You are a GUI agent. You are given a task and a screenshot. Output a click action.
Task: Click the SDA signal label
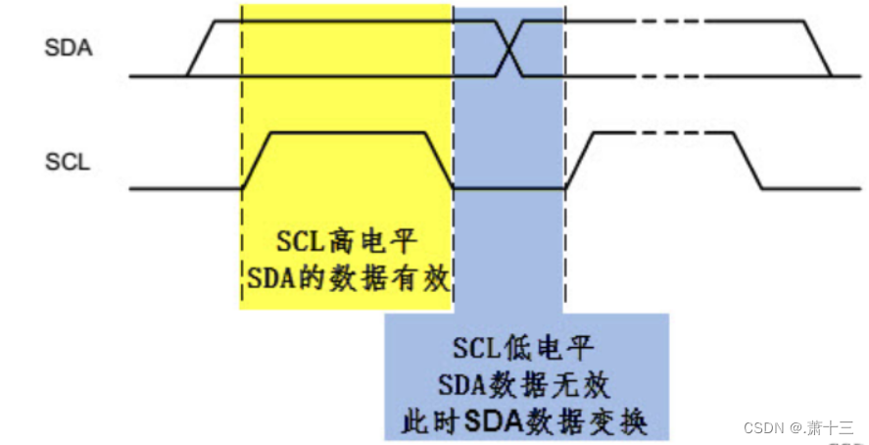(x=69, y=47)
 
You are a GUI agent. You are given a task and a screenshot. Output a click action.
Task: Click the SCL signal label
(x=68, y=163)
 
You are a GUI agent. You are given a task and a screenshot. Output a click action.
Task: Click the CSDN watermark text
(x=766, y=428)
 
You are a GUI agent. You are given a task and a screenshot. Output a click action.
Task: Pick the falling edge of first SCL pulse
(x=438, y=160)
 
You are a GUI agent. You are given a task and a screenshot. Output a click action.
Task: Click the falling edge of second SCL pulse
(x=749, y=160)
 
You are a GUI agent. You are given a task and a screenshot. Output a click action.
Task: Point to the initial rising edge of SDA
(x=200, y=47)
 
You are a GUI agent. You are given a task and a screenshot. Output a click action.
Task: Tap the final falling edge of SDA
(x=817, y=47)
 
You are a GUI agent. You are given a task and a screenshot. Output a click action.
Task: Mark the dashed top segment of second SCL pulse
(x=666, y=132)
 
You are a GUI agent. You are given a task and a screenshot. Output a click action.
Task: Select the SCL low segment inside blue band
(x=508, y=187)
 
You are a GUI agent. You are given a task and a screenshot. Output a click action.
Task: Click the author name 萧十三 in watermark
(x=833, y=428)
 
